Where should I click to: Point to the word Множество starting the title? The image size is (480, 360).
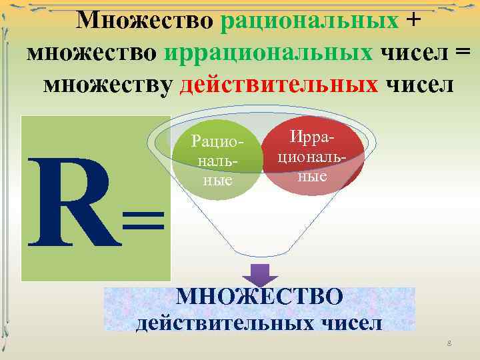pos(145,19)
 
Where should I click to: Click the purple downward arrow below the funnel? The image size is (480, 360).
pos(259,275)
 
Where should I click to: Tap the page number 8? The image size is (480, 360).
pos(449,343)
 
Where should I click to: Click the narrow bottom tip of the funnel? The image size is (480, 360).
pos(260,253)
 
